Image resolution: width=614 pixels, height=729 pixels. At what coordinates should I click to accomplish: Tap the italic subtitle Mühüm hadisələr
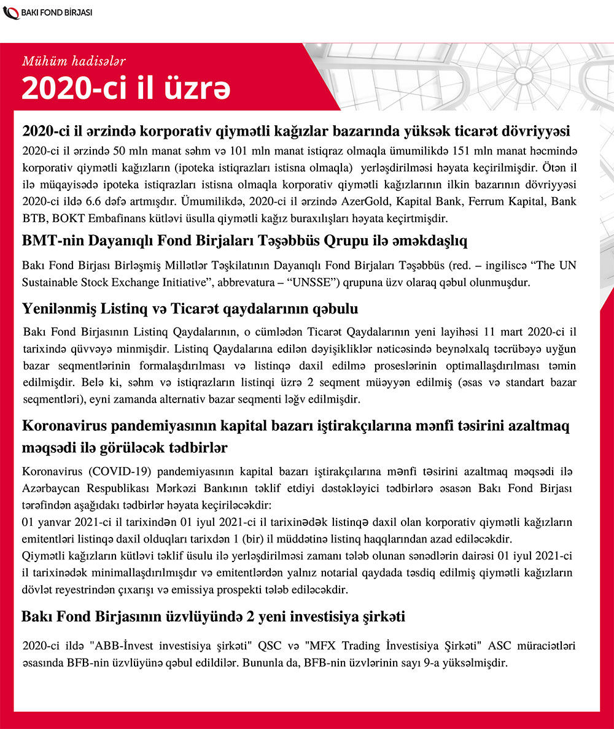[x=74, y=60]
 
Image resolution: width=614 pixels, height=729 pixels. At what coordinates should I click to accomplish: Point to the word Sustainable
[x=52, y=283]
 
